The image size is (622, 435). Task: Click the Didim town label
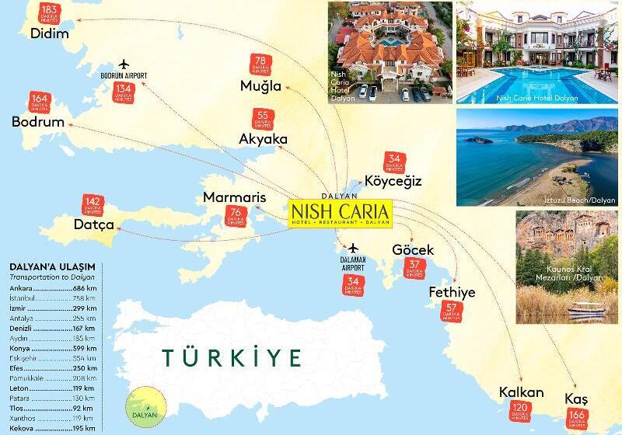(x=48, y=33)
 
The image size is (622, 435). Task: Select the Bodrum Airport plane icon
(x=123, y=63)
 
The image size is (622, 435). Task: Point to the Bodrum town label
(x=37, y=123)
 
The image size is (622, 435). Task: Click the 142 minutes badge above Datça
(x=91, y=206)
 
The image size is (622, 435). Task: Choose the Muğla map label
(x=261, y=85)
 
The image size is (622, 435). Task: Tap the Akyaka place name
(x=264, y=139)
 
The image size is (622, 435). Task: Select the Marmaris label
(x=235, y=197)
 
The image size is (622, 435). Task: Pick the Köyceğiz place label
(x=393, y=181)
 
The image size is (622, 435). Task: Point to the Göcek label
(x=413, y=250)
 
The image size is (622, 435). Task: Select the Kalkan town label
(x=522, y=392)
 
